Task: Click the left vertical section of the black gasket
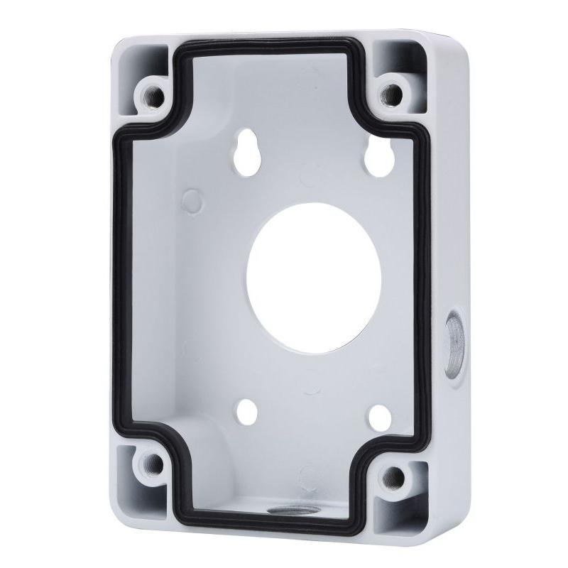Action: tap(121, 277)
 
